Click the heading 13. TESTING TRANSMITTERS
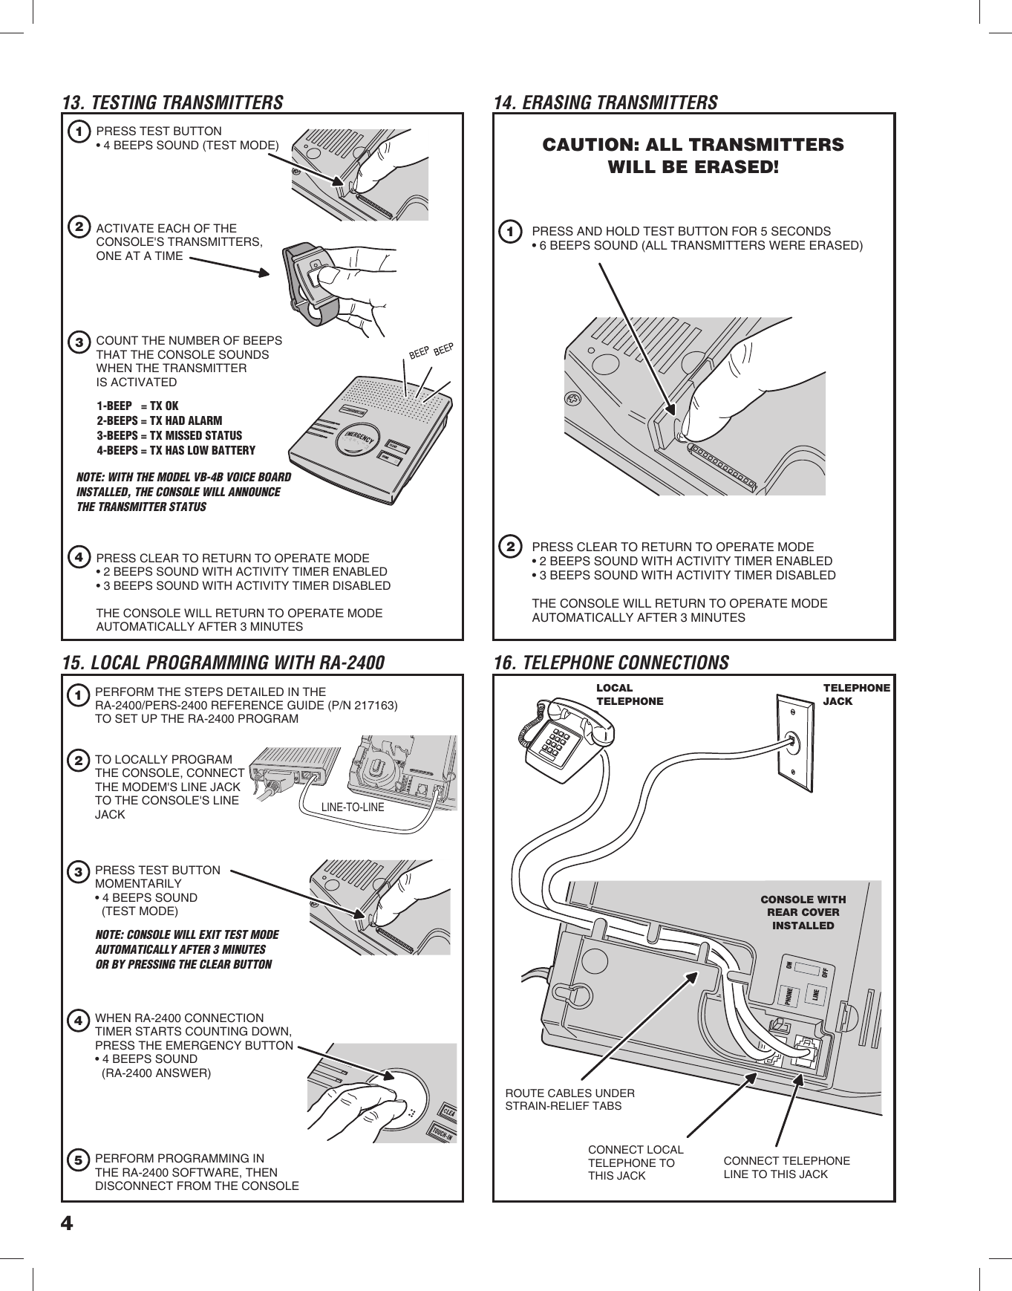[172, 103]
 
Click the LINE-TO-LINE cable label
[353, 807]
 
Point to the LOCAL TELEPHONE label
[630, 695]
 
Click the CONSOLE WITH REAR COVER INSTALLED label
[803, 912]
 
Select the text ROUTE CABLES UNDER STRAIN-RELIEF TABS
[569, 1099]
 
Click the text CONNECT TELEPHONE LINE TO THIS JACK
[786, 1167]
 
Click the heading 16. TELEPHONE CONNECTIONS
[611, 663]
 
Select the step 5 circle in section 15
[78, 1160]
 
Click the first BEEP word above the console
[420, 354]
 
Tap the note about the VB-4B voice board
[183, 492]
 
